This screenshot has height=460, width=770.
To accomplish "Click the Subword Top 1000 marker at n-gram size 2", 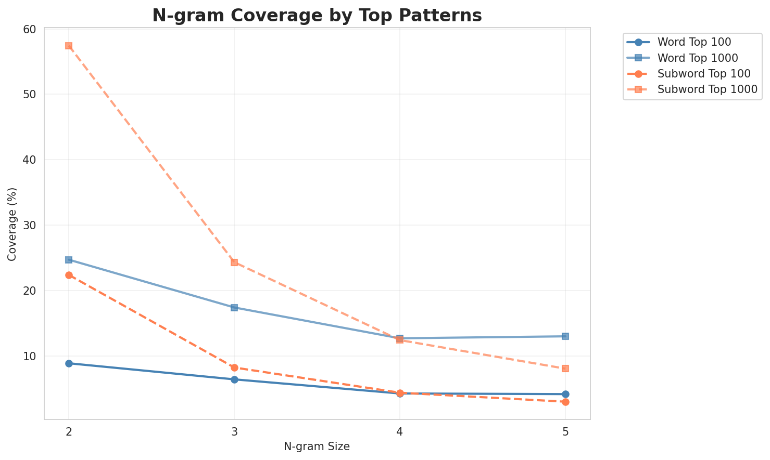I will coord(69,46).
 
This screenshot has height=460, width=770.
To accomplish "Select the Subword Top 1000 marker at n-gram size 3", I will coord(234,262).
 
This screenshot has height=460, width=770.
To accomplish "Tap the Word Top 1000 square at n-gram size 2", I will coord(69,259).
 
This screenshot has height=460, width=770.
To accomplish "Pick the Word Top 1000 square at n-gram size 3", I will coord(234,308).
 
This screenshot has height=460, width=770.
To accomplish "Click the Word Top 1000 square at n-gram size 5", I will coord(565,336).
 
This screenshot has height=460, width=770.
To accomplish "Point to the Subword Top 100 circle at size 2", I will coord(69,275).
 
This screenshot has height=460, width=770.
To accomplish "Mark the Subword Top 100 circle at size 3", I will coord(234,367).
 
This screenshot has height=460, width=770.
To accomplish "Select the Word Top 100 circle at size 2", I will coord(69,363).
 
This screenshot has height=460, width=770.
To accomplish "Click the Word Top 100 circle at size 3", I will coord(234,379).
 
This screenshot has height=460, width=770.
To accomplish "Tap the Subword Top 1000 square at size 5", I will coord(565,369).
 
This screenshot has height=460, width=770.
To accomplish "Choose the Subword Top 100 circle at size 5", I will coord(565,402).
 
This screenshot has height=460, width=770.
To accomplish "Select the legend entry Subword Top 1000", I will coord(707,89).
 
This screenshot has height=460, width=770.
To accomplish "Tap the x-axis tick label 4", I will coord(400,432).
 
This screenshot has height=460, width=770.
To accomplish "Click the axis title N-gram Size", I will coord(317,446).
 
